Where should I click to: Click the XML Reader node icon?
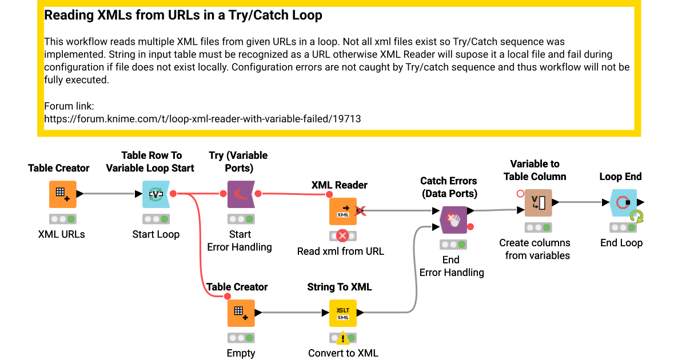click(343, 211)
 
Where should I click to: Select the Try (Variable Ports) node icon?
click(241, 194)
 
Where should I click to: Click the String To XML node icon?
click(343, 313)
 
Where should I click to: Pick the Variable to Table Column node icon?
click(538, 203)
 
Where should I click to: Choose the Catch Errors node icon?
click(453, 220)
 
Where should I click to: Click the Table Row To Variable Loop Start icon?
click(156, 194)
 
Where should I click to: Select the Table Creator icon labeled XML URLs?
click(62, 194)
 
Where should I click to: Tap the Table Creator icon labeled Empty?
click(241, 313)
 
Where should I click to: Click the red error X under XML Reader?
click(343, 235)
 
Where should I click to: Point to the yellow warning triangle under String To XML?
click(343, 338)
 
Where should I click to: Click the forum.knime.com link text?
click(202, 119)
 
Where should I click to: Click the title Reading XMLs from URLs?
click(183, 15)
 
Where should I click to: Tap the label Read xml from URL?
click(341, 251)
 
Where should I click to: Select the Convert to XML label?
click(343, 353)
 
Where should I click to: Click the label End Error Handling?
click(452, 266)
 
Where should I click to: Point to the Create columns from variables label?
click(535, 249)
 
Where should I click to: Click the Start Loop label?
click(156, 234)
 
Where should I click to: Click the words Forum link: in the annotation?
click(69, 106)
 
